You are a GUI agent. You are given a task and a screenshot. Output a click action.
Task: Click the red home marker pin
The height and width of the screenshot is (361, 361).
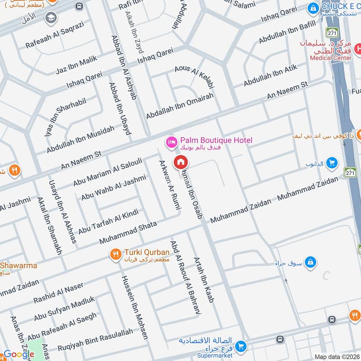180,162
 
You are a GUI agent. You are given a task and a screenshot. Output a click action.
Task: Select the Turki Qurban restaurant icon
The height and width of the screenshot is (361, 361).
116,255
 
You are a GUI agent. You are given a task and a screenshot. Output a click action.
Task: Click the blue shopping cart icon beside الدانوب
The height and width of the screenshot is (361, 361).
332,162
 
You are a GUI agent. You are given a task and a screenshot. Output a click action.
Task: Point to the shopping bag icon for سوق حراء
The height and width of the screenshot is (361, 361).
310,262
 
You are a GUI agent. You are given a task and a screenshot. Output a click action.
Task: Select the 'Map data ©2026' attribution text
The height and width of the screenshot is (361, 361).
337,357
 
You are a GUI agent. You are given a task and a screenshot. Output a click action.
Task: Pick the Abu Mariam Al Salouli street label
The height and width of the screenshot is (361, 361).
108,172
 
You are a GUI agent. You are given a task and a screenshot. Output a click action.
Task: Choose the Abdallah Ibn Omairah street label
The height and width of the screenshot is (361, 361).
179,105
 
